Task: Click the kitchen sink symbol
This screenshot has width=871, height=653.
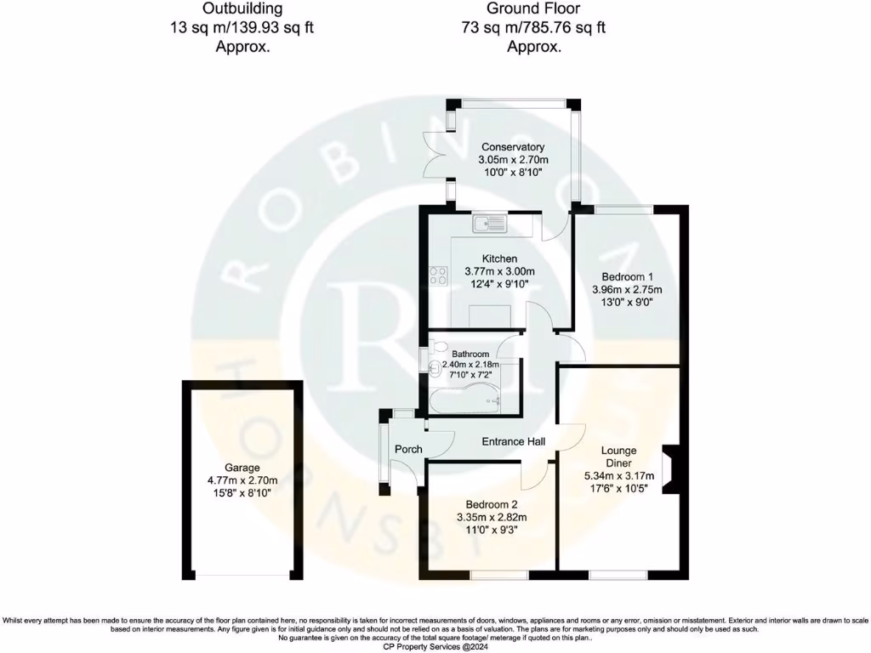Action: point(490,224)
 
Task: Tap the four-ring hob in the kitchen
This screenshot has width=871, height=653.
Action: point(438,275)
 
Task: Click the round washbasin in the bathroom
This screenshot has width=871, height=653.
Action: point(436,369)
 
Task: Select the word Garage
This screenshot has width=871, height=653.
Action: point(242,468)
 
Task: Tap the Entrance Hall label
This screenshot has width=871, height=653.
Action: point(514,441)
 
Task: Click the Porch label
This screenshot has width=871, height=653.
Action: point(408,449)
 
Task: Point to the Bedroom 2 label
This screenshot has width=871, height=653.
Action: point(492,504)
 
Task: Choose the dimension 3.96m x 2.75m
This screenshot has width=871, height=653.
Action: point(627,290)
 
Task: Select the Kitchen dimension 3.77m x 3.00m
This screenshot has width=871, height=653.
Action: point(499,271)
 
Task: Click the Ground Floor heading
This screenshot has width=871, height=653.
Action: point(533,9)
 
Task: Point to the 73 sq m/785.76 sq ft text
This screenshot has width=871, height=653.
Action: point(533,27)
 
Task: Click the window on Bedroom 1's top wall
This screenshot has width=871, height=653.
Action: point(624,209)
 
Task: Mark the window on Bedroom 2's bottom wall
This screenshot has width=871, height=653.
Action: point(498,576)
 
